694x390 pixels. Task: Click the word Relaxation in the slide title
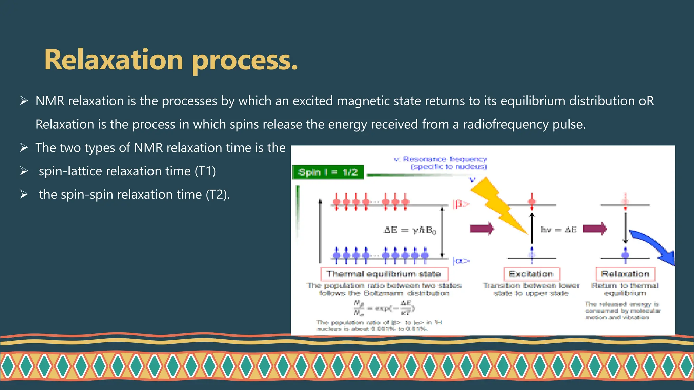pyautogui.click(x=114, y=60)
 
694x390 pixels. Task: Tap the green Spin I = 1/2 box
pyautogui.click(x=328, y=172)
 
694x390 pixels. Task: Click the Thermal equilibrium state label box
pyautogui.click(x=384, y=274)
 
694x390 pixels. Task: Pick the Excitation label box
pyautogui.click(x=531, y=274)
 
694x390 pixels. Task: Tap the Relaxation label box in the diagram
pyautogui.click(x=625, y=274)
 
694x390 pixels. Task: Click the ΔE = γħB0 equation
pyautogui.click(x=410, y=230)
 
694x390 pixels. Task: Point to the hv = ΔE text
pyautogui.click(x=558, y=229)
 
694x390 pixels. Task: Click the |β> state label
pyautogui.click(x=461, y=204)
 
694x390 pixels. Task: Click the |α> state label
pyautogui.click(x=461, y=261)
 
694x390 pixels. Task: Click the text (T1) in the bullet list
pyautogui.click(x=205, y=171)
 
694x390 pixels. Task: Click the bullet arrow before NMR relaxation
pyautogui.click(x=24, y=101)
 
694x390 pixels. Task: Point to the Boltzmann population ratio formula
pyautogui.click(x=384, y=308)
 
